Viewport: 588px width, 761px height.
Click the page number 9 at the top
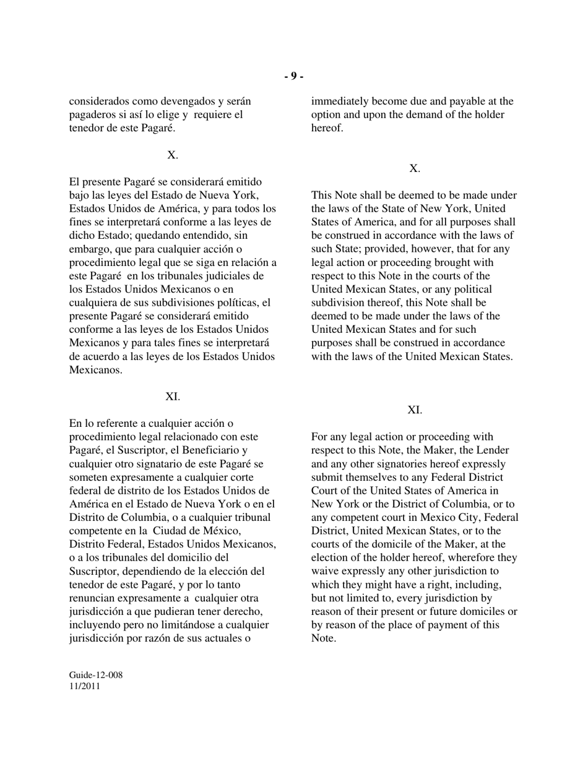coord(294,76)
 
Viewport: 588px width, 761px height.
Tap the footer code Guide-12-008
coord(96,675)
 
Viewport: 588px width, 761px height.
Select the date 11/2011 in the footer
coord(85,686)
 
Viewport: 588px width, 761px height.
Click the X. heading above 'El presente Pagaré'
coord(173,155)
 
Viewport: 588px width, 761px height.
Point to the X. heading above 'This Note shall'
coord(415,168)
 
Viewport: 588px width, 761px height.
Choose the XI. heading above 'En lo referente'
coord(173,397)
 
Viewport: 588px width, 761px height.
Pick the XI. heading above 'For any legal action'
coord(415,410)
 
